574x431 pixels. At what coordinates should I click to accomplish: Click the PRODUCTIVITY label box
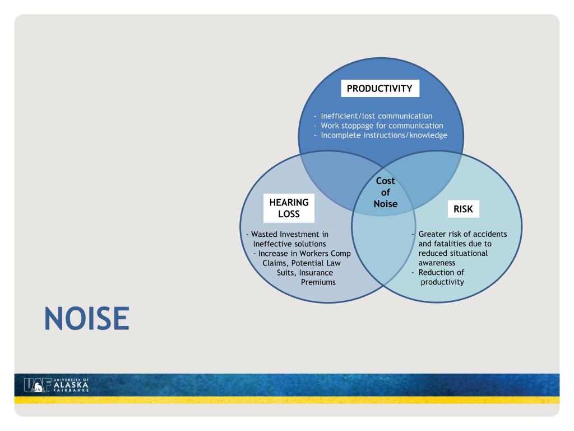point(379,89)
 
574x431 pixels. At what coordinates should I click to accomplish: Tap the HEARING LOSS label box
point(288,208)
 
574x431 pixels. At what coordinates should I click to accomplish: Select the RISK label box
point(463,210)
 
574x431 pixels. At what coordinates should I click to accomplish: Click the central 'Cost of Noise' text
point(385,192)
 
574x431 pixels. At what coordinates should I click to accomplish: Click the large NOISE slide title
point(87,318)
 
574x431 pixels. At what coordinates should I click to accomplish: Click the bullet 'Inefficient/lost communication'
point(376,116)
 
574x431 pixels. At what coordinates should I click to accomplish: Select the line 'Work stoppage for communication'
point(382,126)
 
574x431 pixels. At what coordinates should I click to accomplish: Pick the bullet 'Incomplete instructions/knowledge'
point(384,135)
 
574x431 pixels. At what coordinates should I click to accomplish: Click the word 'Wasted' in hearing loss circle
point(265,234)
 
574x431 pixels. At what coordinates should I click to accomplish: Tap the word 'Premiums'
point(318,282)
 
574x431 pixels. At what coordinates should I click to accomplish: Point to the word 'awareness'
point(437,263)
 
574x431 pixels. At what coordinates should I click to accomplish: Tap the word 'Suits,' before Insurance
point(286,272)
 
